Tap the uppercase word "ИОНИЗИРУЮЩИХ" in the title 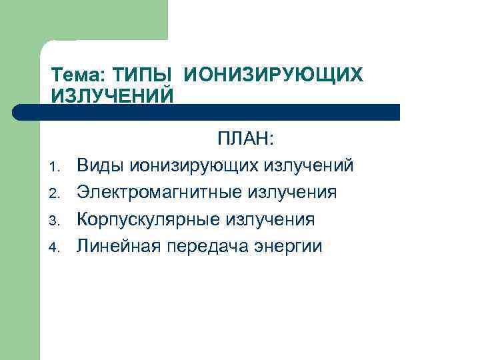click(x=273, y=75)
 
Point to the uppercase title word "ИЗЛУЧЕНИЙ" click(x=112, y=95)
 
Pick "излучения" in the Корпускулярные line click(x=270, y=221)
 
